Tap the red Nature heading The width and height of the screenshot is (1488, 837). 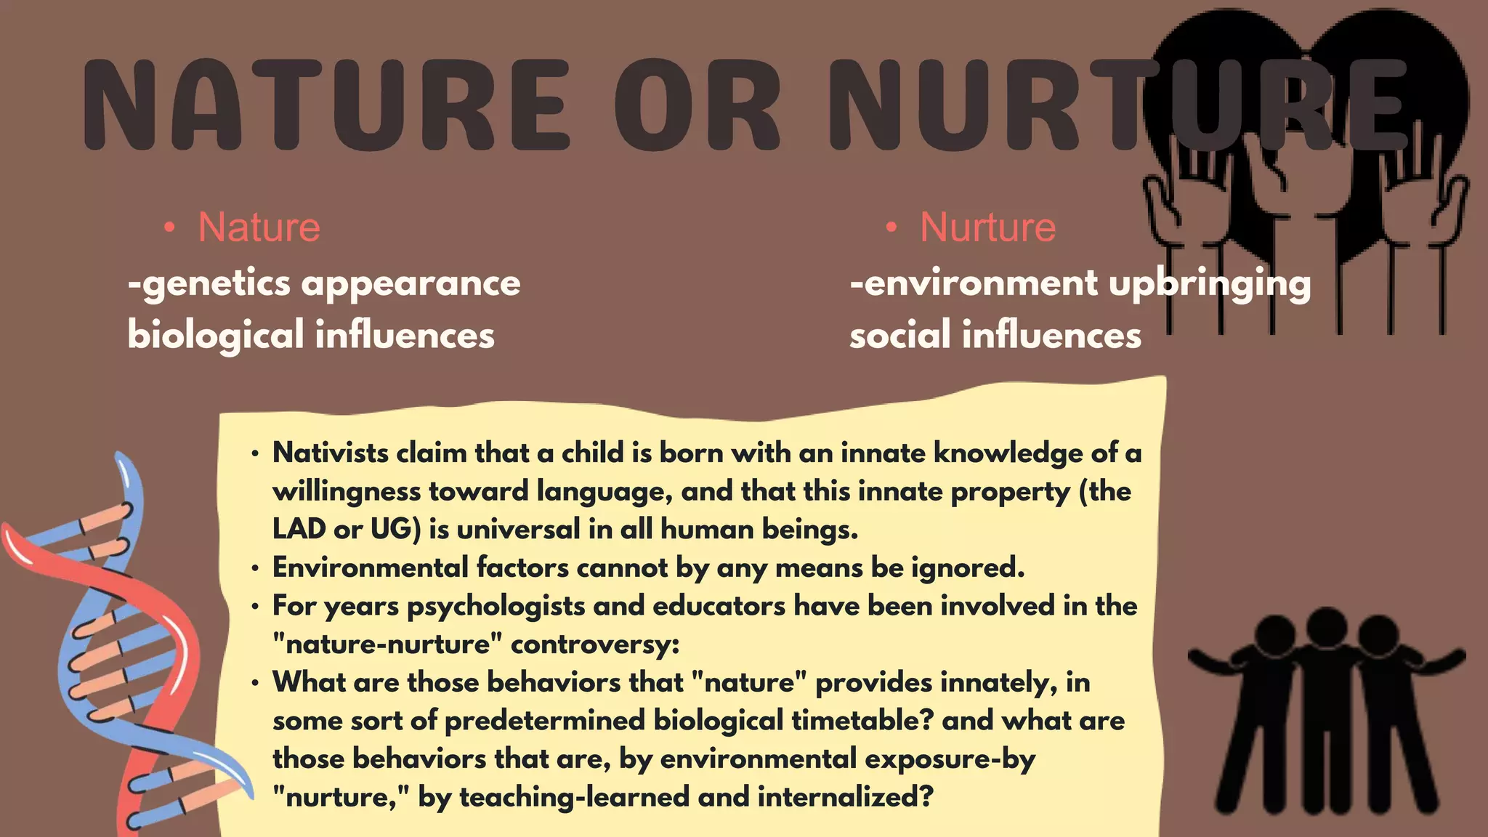[x=259, y=227]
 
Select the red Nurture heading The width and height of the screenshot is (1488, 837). [x=987, y=227]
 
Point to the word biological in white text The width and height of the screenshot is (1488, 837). [x=215, y=336]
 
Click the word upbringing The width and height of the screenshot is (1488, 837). [x=1210, y=283]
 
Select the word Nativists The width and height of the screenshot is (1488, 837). [x=331, y=453]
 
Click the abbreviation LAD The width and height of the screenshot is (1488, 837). [x=298, y=529]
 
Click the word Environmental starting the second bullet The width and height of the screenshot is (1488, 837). [x=371, y=567]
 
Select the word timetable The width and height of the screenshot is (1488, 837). [x=861, y=721]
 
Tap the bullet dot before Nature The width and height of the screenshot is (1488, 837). [x=169, y=228]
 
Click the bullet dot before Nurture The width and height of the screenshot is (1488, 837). [x=891, y=228]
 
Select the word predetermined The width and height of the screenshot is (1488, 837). [x=545, y=721]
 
